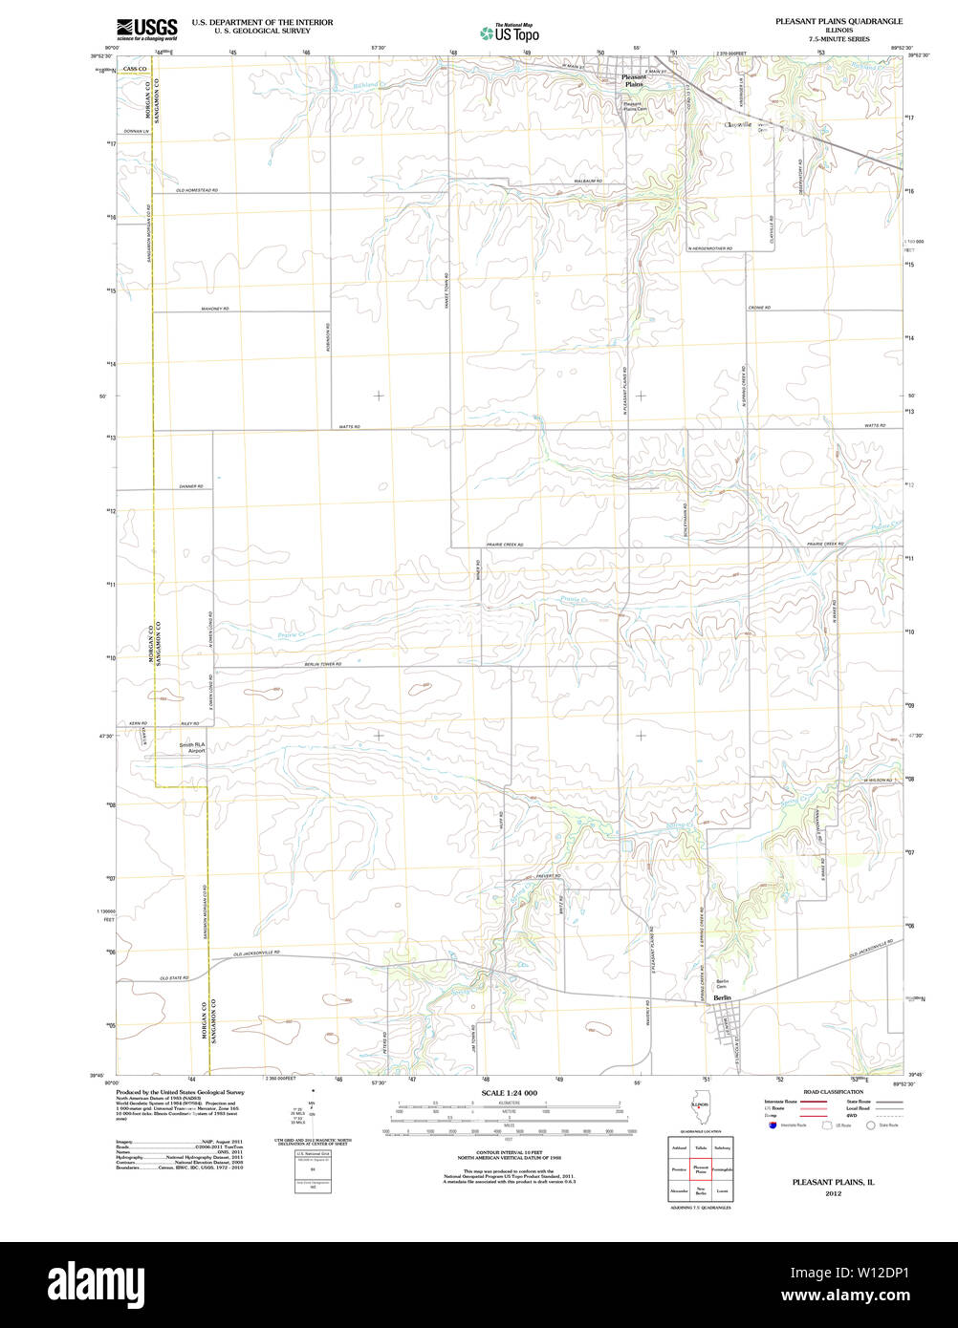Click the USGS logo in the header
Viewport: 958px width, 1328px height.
click(x=146, y=30)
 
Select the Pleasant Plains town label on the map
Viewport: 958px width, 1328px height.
click(x=633, y=80)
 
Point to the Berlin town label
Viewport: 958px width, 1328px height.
click(x=722, y=997)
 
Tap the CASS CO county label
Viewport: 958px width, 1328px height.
click(x=135, y=69)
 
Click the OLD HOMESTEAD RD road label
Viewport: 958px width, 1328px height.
click(x=197, y=191)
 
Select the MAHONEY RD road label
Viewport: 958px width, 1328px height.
click(x=215, y=309)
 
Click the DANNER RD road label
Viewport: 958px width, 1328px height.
click(x=190, y=486)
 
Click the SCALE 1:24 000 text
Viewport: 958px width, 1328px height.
click(x=509, y=1092)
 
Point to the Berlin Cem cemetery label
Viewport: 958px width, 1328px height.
click(x=723, y=983)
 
